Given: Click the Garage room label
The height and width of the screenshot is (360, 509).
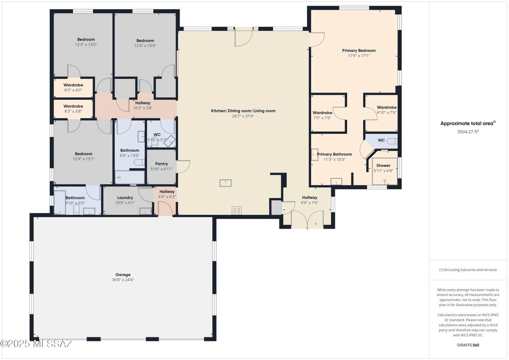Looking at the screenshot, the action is (123, 274).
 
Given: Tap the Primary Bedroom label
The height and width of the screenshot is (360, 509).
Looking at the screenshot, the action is (359, 51).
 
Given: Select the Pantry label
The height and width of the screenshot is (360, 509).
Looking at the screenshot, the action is (161, 163).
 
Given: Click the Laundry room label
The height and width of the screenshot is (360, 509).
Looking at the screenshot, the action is (125, 198).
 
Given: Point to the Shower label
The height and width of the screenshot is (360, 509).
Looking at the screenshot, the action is (383, 165).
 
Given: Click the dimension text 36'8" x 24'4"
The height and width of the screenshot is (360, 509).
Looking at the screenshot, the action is (123, 280).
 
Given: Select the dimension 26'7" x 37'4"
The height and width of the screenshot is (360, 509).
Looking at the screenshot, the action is (243, 116).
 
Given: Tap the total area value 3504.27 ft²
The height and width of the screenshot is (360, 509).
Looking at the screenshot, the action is (468, 132).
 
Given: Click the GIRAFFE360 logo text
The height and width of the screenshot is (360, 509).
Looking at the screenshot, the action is (468, 345).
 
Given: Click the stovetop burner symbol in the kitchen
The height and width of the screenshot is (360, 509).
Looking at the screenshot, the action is (237, 210).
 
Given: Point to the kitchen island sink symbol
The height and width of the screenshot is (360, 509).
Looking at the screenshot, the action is (225, 183).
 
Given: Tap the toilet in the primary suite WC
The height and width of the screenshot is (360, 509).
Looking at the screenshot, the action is (392, 141).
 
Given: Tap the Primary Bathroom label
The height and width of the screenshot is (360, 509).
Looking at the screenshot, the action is (334, 154).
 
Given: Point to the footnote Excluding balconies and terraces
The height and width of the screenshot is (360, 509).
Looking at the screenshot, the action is (468, 270).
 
